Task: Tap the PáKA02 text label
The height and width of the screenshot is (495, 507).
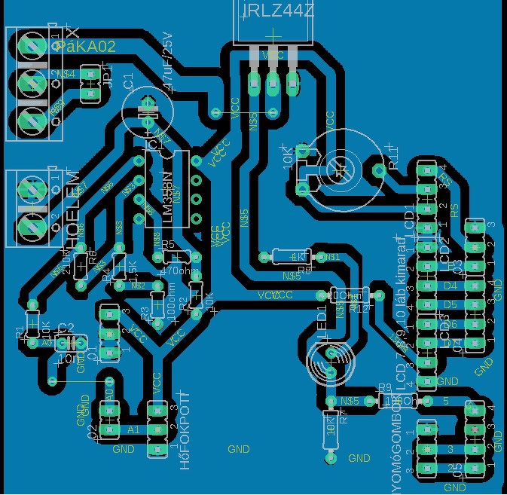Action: tap(85, 47)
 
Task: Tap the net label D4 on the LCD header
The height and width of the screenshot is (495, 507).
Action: tap(450, 286)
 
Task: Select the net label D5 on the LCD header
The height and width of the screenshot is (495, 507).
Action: tap(450, 304)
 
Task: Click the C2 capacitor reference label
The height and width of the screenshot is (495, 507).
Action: tap(66, 327)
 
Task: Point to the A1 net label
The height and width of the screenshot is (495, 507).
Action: tap(133, 429)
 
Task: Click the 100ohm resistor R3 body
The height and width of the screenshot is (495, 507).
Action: tap(157, 305)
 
